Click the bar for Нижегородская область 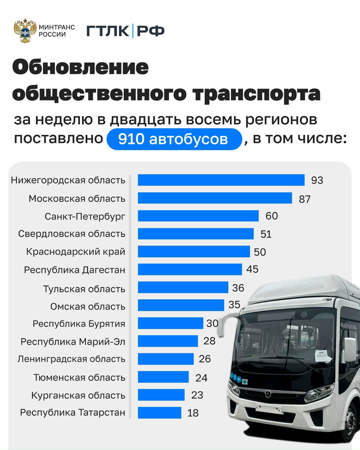point(221,180)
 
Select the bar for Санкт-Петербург point(198,216)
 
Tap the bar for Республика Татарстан point(160,413)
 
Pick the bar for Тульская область point(183,287)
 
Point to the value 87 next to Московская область point(305,199)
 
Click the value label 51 point(266,234)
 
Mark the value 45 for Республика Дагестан point(252,269)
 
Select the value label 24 point(201,378)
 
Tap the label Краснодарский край point(76,252)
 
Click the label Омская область point(88,306)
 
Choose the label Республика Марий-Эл point(73,342)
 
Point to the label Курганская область point(78,395)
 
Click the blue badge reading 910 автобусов point(174,139)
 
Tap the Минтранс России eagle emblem point(25,31)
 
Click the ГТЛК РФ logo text point(126,31)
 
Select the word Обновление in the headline point(80,67)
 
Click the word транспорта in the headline point(256,94)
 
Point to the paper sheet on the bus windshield point(323,356)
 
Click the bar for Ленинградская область point(166,359)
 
